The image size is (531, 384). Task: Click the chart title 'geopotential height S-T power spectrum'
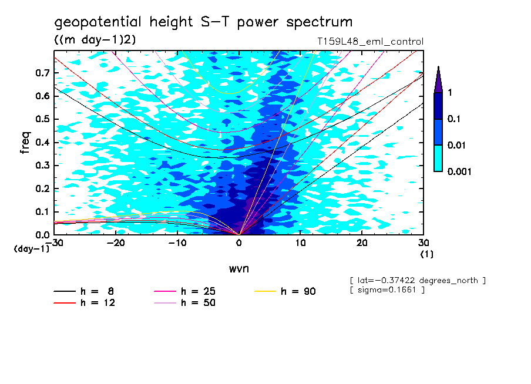pyautogui.click(x=203, y=23)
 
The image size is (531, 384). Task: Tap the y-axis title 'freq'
pyautogui.click(x=25, y=143)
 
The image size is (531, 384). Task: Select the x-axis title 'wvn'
pyautogui.click(x=238, y=268)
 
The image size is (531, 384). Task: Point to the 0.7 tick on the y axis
pyautogui.click(x=43, y=73)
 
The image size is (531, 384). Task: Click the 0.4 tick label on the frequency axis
pyautogui.click(x=43, y=143)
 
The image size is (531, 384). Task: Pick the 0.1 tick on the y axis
pyautogui.click(x=43, y=212)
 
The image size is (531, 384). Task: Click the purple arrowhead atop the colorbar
pyautogui.click(x=438, y=79)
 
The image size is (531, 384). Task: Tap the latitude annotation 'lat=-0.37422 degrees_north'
pyautogui.click(x=417, y=281)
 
